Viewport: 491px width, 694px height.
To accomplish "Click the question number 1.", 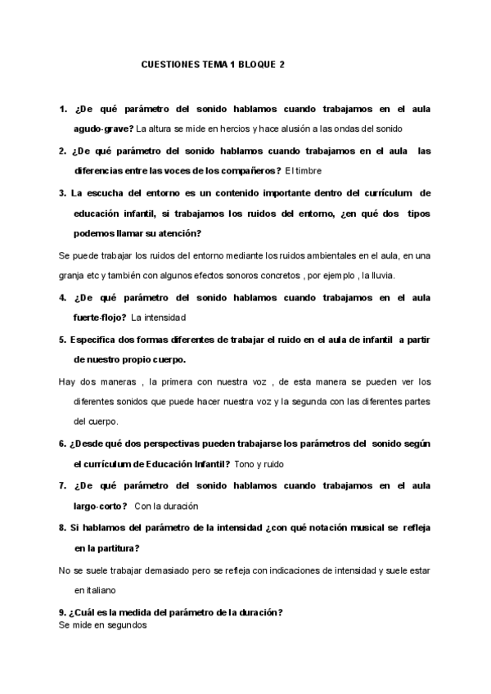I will (62, 109).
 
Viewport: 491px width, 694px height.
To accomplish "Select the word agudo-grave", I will (103, 128).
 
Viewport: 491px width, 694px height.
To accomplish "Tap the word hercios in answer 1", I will (234, 128).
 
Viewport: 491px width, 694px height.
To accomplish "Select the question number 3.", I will (62, 192).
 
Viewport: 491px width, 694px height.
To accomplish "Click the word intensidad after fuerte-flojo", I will (165, 318).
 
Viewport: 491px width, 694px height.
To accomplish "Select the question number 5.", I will (62, 338).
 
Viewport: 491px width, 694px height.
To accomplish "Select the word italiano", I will (98, 589).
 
